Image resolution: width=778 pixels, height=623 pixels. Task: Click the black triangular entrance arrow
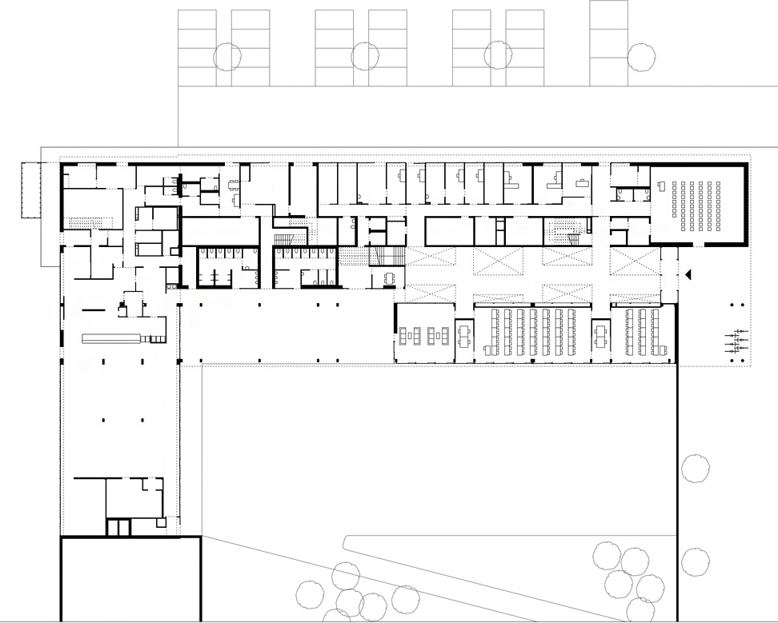coord(687,274)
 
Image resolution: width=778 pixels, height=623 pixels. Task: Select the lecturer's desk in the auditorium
coord(662,186)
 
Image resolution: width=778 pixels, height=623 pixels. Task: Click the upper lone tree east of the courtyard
coord(695,468)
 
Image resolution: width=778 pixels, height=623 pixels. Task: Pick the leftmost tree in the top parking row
coord(227,55)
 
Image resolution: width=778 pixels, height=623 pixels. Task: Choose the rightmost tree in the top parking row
coord(641,57)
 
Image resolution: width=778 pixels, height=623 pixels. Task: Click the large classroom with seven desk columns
coord(531,332)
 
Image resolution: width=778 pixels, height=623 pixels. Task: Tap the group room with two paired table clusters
coord(425,333)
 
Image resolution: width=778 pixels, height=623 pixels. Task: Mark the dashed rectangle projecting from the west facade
coord(32,190)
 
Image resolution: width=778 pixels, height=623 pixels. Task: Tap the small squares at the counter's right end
coord(154,339)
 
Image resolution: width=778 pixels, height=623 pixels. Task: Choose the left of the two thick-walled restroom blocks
coord(227,266)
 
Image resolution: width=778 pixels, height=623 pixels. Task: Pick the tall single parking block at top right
coord(608,43)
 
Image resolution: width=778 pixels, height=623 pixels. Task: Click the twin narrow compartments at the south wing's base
coord(118,528)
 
